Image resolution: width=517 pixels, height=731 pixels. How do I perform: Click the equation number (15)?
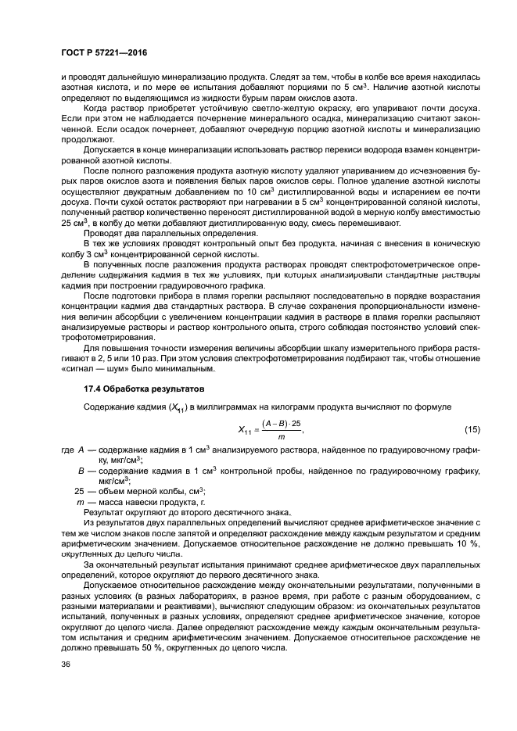point(472,430)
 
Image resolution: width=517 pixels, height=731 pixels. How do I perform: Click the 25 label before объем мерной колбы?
point(79,490)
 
